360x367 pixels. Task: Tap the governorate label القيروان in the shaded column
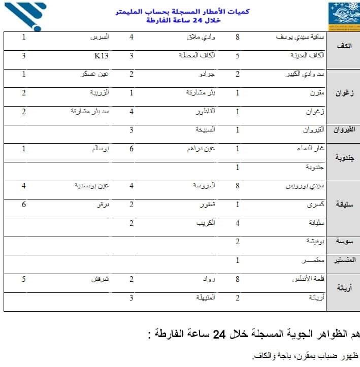(x=343, y=130)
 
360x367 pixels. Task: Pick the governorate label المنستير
(x=343, y=260)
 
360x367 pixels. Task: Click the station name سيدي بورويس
(x=306, y=186)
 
